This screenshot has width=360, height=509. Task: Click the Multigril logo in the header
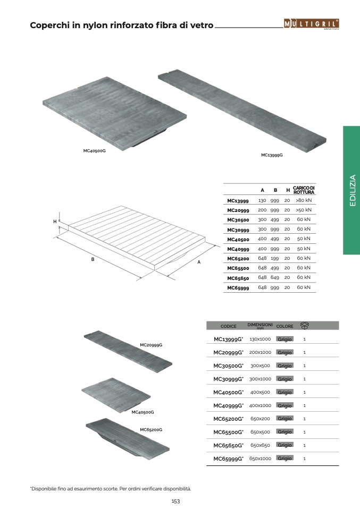(311, 23)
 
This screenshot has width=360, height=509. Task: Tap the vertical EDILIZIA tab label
(353, 190)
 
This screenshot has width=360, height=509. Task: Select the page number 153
(175, 501)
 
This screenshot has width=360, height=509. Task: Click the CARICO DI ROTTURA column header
(304, 190)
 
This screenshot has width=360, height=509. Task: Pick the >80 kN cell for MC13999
(304, 200)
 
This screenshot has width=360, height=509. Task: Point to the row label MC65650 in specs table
(238, 278)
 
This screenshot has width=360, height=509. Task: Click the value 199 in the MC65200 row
(275, 258)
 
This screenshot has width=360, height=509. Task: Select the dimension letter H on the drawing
(55, 222)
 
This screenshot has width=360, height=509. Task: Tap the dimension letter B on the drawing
(93, 259)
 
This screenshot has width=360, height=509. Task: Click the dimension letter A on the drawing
(199, 262)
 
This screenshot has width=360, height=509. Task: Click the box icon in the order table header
(305, 325)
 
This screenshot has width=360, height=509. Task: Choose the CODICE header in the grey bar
(229, 326)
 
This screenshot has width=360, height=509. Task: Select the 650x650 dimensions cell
(260, 445)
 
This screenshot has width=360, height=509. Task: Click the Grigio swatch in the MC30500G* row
(284, 366)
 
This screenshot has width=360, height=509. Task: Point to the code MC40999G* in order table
(229, 405)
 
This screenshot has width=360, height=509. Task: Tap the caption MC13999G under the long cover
(272, 155)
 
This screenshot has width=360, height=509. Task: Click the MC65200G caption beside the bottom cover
(151, 430)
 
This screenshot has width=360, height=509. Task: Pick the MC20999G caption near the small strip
(151, 345)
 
